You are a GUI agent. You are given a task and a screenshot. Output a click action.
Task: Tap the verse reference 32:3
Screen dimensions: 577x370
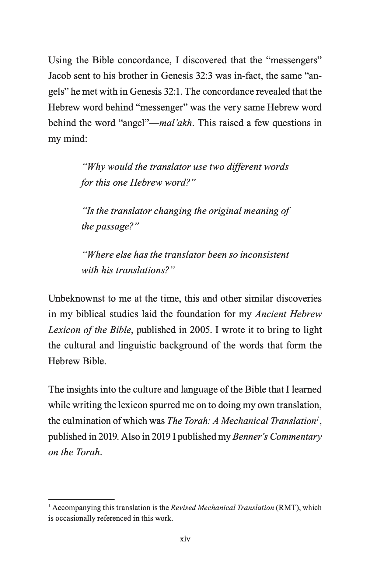point(205,76)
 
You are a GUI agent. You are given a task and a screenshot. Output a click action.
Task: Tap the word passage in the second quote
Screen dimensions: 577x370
point(117,226)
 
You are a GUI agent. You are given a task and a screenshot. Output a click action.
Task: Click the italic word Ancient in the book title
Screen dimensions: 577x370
point(271,314)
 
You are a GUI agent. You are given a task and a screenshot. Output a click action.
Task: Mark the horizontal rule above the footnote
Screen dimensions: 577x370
point(81,499)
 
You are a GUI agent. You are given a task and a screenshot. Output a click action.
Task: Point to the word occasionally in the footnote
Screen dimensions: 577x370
point(74,518)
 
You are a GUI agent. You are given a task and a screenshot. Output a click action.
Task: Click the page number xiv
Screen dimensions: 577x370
point(185,539)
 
